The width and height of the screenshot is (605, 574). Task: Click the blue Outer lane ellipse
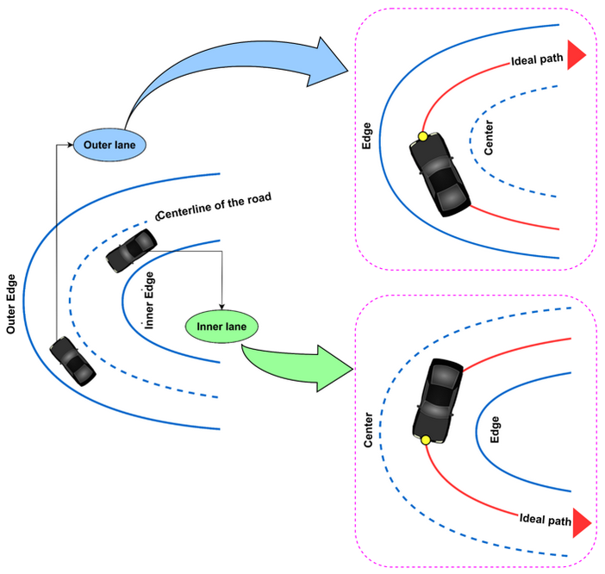[110, 143]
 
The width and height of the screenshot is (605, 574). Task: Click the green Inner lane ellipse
[221, 327]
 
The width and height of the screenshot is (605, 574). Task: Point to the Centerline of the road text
[215, 206]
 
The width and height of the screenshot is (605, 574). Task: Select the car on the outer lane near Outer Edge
[72, 361]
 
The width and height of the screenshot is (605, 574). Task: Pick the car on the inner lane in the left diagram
[130, 253]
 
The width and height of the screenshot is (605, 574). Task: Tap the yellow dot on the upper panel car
[422, 136]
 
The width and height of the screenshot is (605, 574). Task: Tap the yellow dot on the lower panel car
[425, 440]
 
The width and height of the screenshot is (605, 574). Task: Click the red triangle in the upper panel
[576, 53]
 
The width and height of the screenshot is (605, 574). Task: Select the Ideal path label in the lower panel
[546, 520]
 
